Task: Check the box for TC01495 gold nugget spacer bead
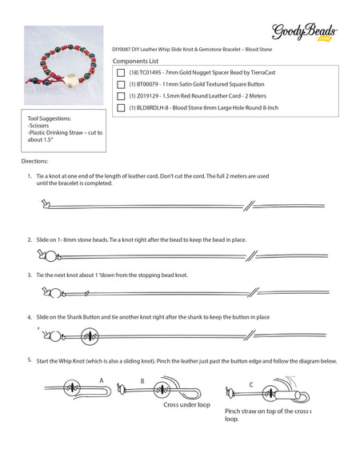pos(121,71)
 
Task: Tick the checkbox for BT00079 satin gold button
pos(121,83)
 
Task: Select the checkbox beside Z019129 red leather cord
pos(121,95)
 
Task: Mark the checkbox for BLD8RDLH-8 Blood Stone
pos(121,107)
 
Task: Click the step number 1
pos(30,175)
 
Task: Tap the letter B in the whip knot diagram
pos(142,381)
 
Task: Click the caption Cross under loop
pos(187,405)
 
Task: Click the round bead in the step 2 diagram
pos(50,256)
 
